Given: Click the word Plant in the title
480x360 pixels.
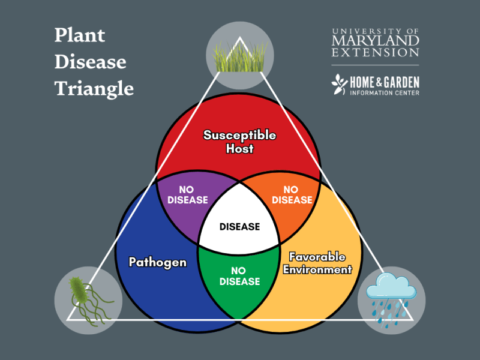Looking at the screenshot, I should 80,35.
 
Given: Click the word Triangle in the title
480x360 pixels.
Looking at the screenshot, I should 94,88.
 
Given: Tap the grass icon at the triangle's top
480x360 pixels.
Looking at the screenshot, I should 240,56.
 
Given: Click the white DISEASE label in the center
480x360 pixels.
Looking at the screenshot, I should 240,227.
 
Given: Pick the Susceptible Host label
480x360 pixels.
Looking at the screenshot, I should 239,142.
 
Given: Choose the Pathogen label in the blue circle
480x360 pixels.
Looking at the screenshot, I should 158,262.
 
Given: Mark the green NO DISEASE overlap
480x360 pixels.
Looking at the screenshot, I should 239,276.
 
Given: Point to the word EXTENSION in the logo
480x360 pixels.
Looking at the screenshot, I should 376,53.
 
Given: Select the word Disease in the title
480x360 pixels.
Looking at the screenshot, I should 91,62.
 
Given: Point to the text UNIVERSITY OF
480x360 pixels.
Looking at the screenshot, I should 376,30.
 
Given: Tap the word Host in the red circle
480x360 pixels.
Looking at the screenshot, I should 239,148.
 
